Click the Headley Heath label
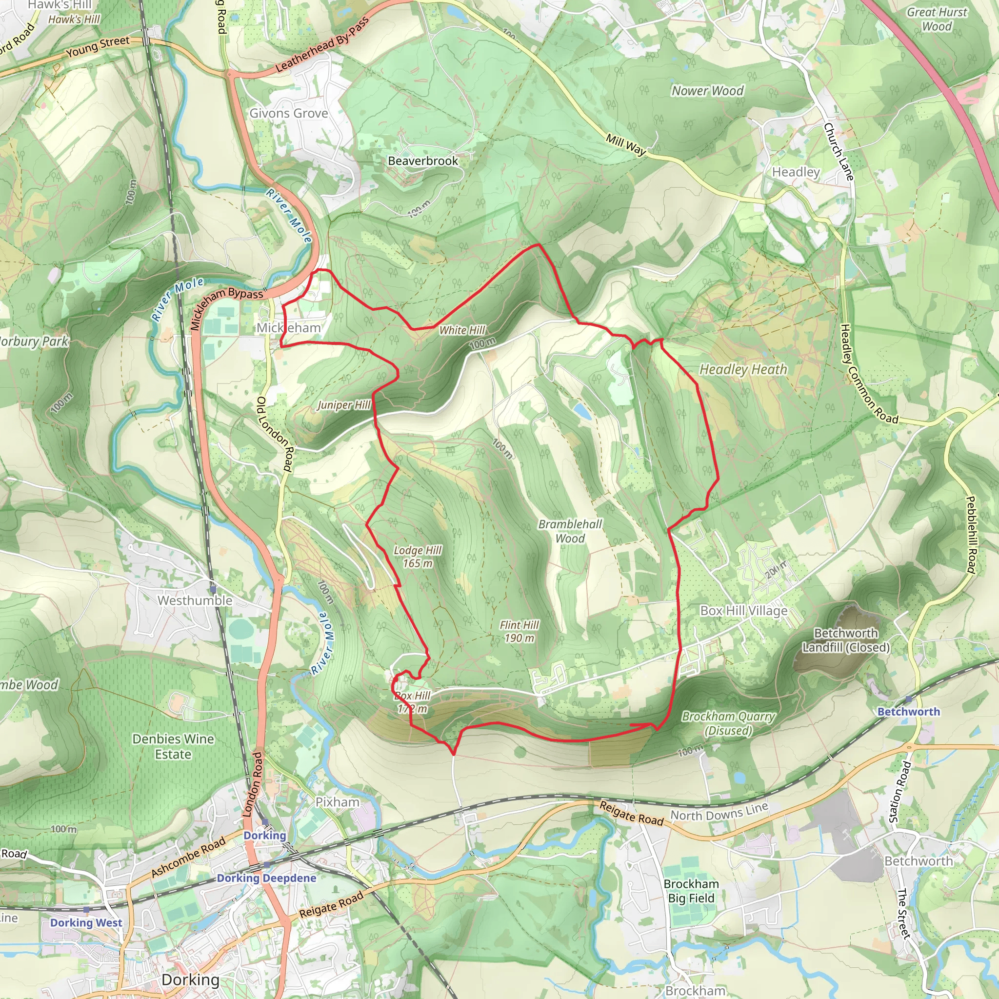743,369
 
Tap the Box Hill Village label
743,611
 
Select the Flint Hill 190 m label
519,631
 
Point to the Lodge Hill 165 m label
417,557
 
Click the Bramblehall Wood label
570,531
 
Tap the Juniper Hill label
344,405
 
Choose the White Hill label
462,330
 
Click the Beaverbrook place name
423,161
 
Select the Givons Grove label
289,113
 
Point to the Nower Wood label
707,91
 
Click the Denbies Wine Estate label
173,746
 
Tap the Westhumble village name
195,600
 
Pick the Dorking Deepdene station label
266,878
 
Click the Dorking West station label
86,922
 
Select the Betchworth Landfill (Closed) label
846,640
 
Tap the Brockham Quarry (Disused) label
729,723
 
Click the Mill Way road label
626,145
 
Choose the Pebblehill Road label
971,535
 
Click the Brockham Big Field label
691,891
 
